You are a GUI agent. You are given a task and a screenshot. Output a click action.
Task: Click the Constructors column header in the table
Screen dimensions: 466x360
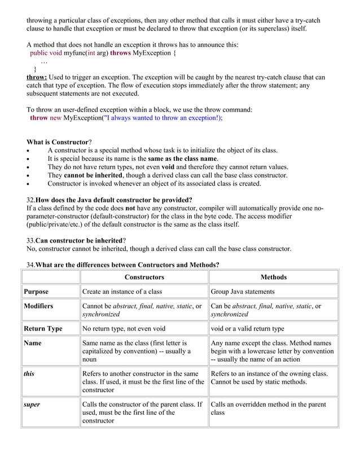coord(144,277)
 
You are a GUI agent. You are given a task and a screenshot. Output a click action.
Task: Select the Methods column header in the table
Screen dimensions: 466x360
coord(274,277)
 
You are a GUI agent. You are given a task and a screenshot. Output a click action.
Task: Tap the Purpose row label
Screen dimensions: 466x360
coord(36,292)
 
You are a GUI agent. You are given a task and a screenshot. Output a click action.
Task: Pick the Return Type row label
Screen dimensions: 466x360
coord(43,328)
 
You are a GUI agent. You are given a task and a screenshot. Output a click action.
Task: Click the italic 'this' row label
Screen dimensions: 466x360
coord(29,373)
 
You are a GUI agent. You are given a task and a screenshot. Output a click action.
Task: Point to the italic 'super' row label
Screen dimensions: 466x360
coord(32,405)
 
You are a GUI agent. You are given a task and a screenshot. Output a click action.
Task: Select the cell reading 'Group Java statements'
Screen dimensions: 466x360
coord(242,292)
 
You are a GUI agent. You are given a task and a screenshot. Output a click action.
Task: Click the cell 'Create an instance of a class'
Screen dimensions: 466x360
coord(122,292)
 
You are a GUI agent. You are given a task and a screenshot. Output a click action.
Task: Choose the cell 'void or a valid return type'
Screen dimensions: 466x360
coord(247,328)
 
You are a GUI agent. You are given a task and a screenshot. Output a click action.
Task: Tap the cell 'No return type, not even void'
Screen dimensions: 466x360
coord(124,328)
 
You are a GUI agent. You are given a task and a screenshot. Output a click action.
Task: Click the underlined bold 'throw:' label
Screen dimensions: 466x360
coord(37,77)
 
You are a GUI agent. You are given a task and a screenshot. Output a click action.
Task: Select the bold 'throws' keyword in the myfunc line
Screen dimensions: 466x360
coord(120,53)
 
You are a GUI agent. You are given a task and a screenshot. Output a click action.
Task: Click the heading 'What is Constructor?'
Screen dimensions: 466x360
coord(59,142)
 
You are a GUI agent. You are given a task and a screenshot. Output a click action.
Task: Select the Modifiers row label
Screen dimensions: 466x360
coord(38,306)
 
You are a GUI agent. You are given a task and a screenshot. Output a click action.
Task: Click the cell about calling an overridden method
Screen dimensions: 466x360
coord(269,408)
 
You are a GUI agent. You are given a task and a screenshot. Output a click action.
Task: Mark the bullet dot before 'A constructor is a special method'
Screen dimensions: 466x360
coord(29,151)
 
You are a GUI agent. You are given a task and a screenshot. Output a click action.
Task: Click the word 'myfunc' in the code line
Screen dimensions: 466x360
coord(76,53)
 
